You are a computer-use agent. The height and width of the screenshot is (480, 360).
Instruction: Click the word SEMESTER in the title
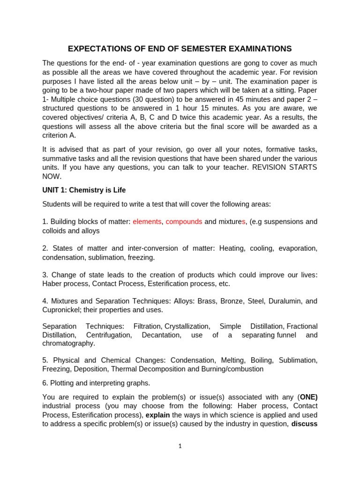pyautogui.click(x=187, y=49)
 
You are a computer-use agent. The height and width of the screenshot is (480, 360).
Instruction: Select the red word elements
pyautogui.click(x=147, y=222)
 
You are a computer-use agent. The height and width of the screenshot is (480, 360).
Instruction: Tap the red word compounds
pyautogui.click(x=184, y=222)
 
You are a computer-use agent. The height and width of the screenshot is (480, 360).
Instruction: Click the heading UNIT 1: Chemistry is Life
pyautogui.click(x=84, y=190)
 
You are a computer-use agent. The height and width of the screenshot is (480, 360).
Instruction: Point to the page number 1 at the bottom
pyautogui.click(x=180, y=446)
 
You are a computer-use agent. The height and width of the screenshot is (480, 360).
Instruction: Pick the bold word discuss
pyautogui.click(x=304, y=424)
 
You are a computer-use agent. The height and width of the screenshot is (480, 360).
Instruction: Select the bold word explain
pyautogui.click(x=157, y=415)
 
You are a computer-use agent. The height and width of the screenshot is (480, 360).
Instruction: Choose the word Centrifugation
pyautogui.click(x=109, y=335)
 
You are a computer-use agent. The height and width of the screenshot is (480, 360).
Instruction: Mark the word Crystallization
pyautogui.click(x=186, y=326)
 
